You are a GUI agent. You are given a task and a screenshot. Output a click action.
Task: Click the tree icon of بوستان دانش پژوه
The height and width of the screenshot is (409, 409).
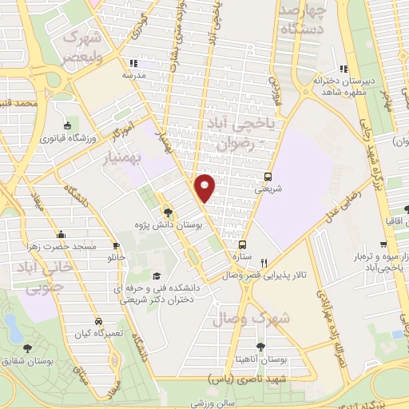(168, 212)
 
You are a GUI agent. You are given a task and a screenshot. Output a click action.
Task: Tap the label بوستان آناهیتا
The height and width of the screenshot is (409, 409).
(264, 361)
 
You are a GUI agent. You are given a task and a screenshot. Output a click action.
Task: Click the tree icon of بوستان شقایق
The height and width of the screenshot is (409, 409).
(28, 347)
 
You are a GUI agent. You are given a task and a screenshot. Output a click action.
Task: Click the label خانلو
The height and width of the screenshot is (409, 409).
(117, 259)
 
